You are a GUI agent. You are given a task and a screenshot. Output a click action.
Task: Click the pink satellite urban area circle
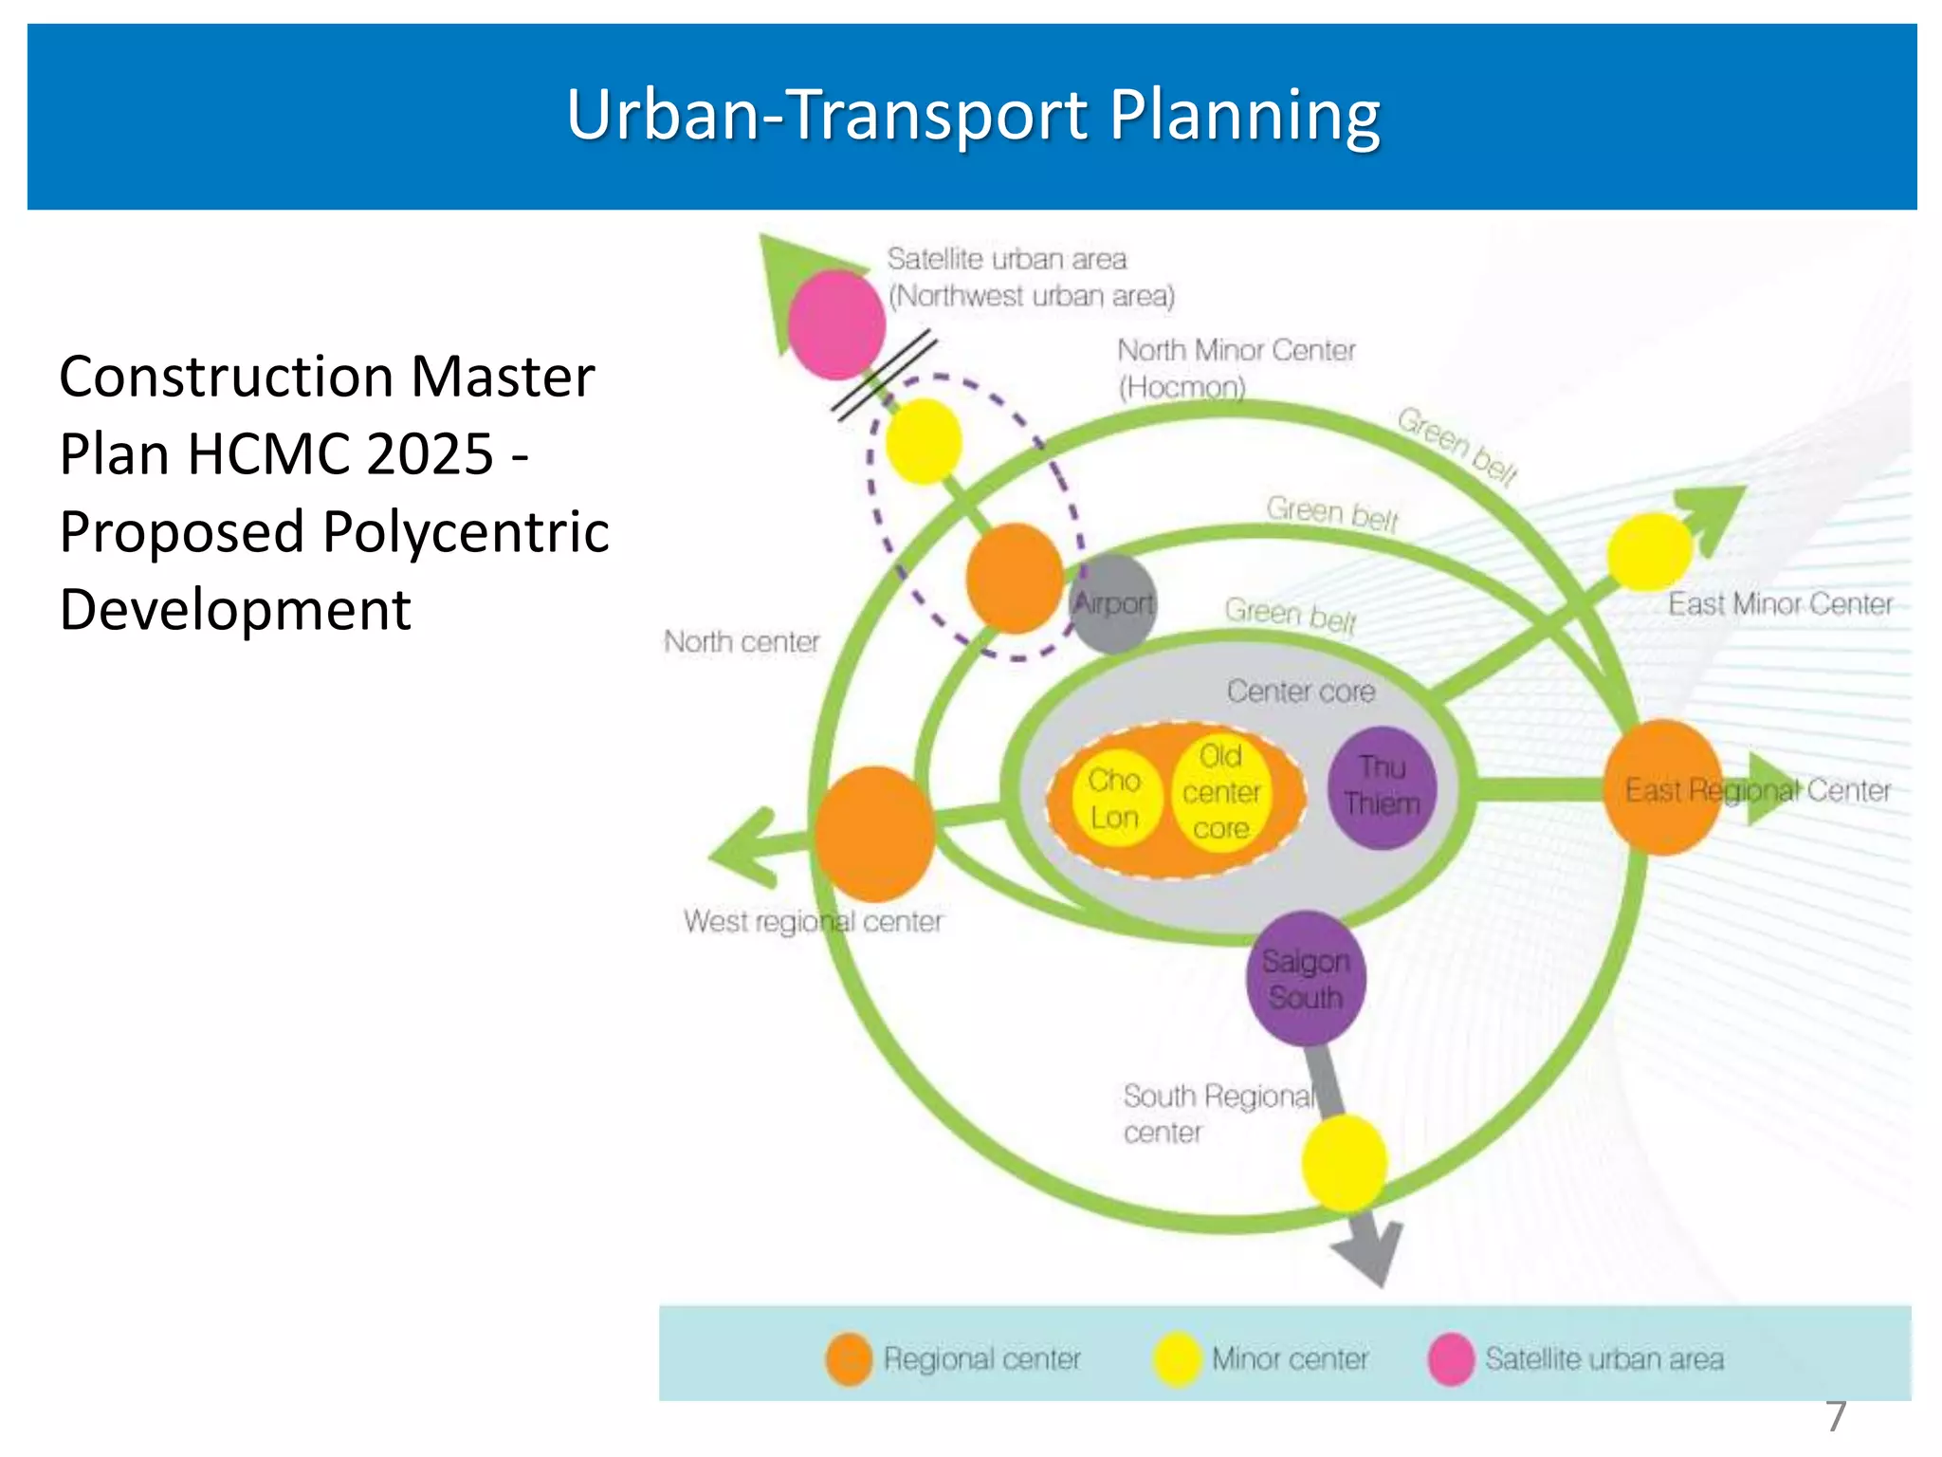(x=836, y=324)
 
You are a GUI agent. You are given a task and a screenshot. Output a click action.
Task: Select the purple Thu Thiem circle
(x=1382, y=786)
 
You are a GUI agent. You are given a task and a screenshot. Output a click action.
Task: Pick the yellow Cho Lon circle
(x=1115, y=799)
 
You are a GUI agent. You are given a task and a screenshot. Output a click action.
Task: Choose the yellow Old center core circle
(x=1221, y=793)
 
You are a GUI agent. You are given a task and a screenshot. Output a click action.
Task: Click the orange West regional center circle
(x=874, y=834)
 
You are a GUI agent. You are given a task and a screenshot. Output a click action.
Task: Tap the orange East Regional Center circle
(x=1662, y=787)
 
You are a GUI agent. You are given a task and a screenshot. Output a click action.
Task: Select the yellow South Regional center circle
(x=1344, y=1163)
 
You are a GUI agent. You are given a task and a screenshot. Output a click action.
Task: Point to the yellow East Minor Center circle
(x=1650, y=551)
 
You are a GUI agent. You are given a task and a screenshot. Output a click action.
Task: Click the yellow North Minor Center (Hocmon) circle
(x=924, y=442)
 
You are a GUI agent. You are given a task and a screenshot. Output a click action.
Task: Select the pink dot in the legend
(x=1451, y=1359)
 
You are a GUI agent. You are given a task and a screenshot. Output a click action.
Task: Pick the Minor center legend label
(x=1290, y=1359)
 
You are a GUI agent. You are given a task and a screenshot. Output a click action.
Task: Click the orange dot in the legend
(x=849, y=1359)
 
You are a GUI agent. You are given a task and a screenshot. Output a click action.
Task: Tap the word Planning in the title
(x=1244, y=115)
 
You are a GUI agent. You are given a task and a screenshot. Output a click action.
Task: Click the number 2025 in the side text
(x=434, y=453)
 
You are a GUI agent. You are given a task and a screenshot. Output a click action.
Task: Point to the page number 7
(x=1836, y=1417)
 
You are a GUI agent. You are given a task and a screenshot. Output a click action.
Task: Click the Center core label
(x=1300, y=692)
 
